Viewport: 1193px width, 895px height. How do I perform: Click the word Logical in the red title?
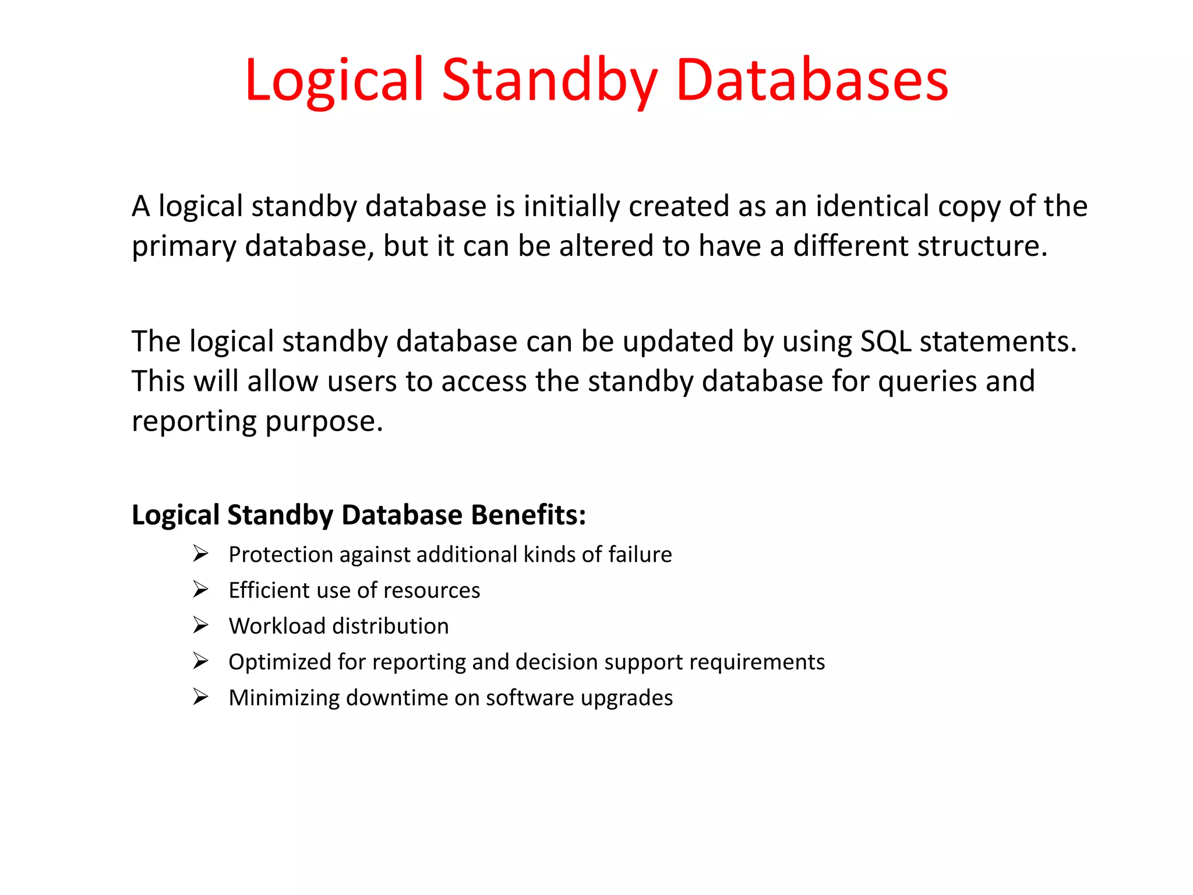point(334,80)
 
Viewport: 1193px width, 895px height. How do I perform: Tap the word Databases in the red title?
point(812,80)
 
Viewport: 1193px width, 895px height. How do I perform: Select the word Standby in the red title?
point(550,80)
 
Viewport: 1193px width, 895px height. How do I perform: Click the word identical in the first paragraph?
point(872,206)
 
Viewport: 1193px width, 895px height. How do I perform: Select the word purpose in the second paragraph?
point(324,422)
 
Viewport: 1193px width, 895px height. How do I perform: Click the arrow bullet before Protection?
point(200,554)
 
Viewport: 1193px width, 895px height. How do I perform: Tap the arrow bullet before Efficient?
point(200,590)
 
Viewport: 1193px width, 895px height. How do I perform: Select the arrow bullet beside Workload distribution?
point(200,625)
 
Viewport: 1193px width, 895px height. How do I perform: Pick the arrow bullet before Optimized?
point(200,661)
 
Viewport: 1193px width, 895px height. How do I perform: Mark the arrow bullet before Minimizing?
point(200,697)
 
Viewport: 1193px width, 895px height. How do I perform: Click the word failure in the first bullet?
point(640,555)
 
